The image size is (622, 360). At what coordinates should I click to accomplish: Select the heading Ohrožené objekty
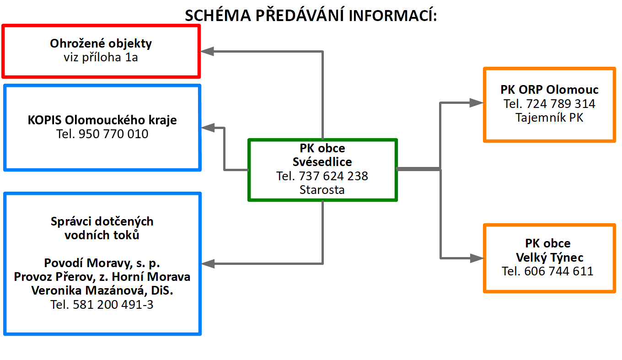pos(101,44)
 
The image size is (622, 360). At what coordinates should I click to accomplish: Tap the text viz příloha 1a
pos(101,58)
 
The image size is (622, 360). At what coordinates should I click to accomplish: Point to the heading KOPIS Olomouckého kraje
pos(102,120)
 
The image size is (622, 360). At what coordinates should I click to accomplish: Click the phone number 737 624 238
pos(333,176)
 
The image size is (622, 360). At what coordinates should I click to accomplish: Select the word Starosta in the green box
pos(322,190)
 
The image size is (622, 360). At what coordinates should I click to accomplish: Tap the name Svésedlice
pos(322,162)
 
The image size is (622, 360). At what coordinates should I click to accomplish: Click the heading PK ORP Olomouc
pos(549,90)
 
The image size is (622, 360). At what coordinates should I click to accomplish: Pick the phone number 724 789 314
pos(561,104)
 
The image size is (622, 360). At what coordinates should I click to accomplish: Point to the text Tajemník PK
pos(549,118)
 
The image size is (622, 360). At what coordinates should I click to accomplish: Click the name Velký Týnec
pos(549,257)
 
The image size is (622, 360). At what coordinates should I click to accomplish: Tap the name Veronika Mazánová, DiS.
pos(102,290)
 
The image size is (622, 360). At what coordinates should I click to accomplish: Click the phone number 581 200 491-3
pos(113,305)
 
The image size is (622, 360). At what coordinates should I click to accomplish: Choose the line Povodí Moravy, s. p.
pos(102,263)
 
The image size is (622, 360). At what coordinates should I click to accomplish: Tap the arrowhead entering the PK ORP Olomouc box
pos(477,103)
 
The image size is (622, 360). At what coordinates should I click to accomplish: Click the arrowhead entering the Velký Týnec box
pos(477,258)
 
